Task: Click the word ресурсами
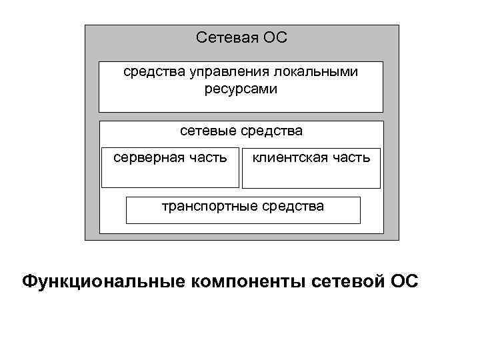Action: pyautogui.click(x=241, y=88)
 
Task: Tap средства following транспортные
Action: pyautogui.click(x=292, y=206)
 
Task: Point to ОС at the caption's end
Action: pyautogui.click(x=403, y=281)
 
